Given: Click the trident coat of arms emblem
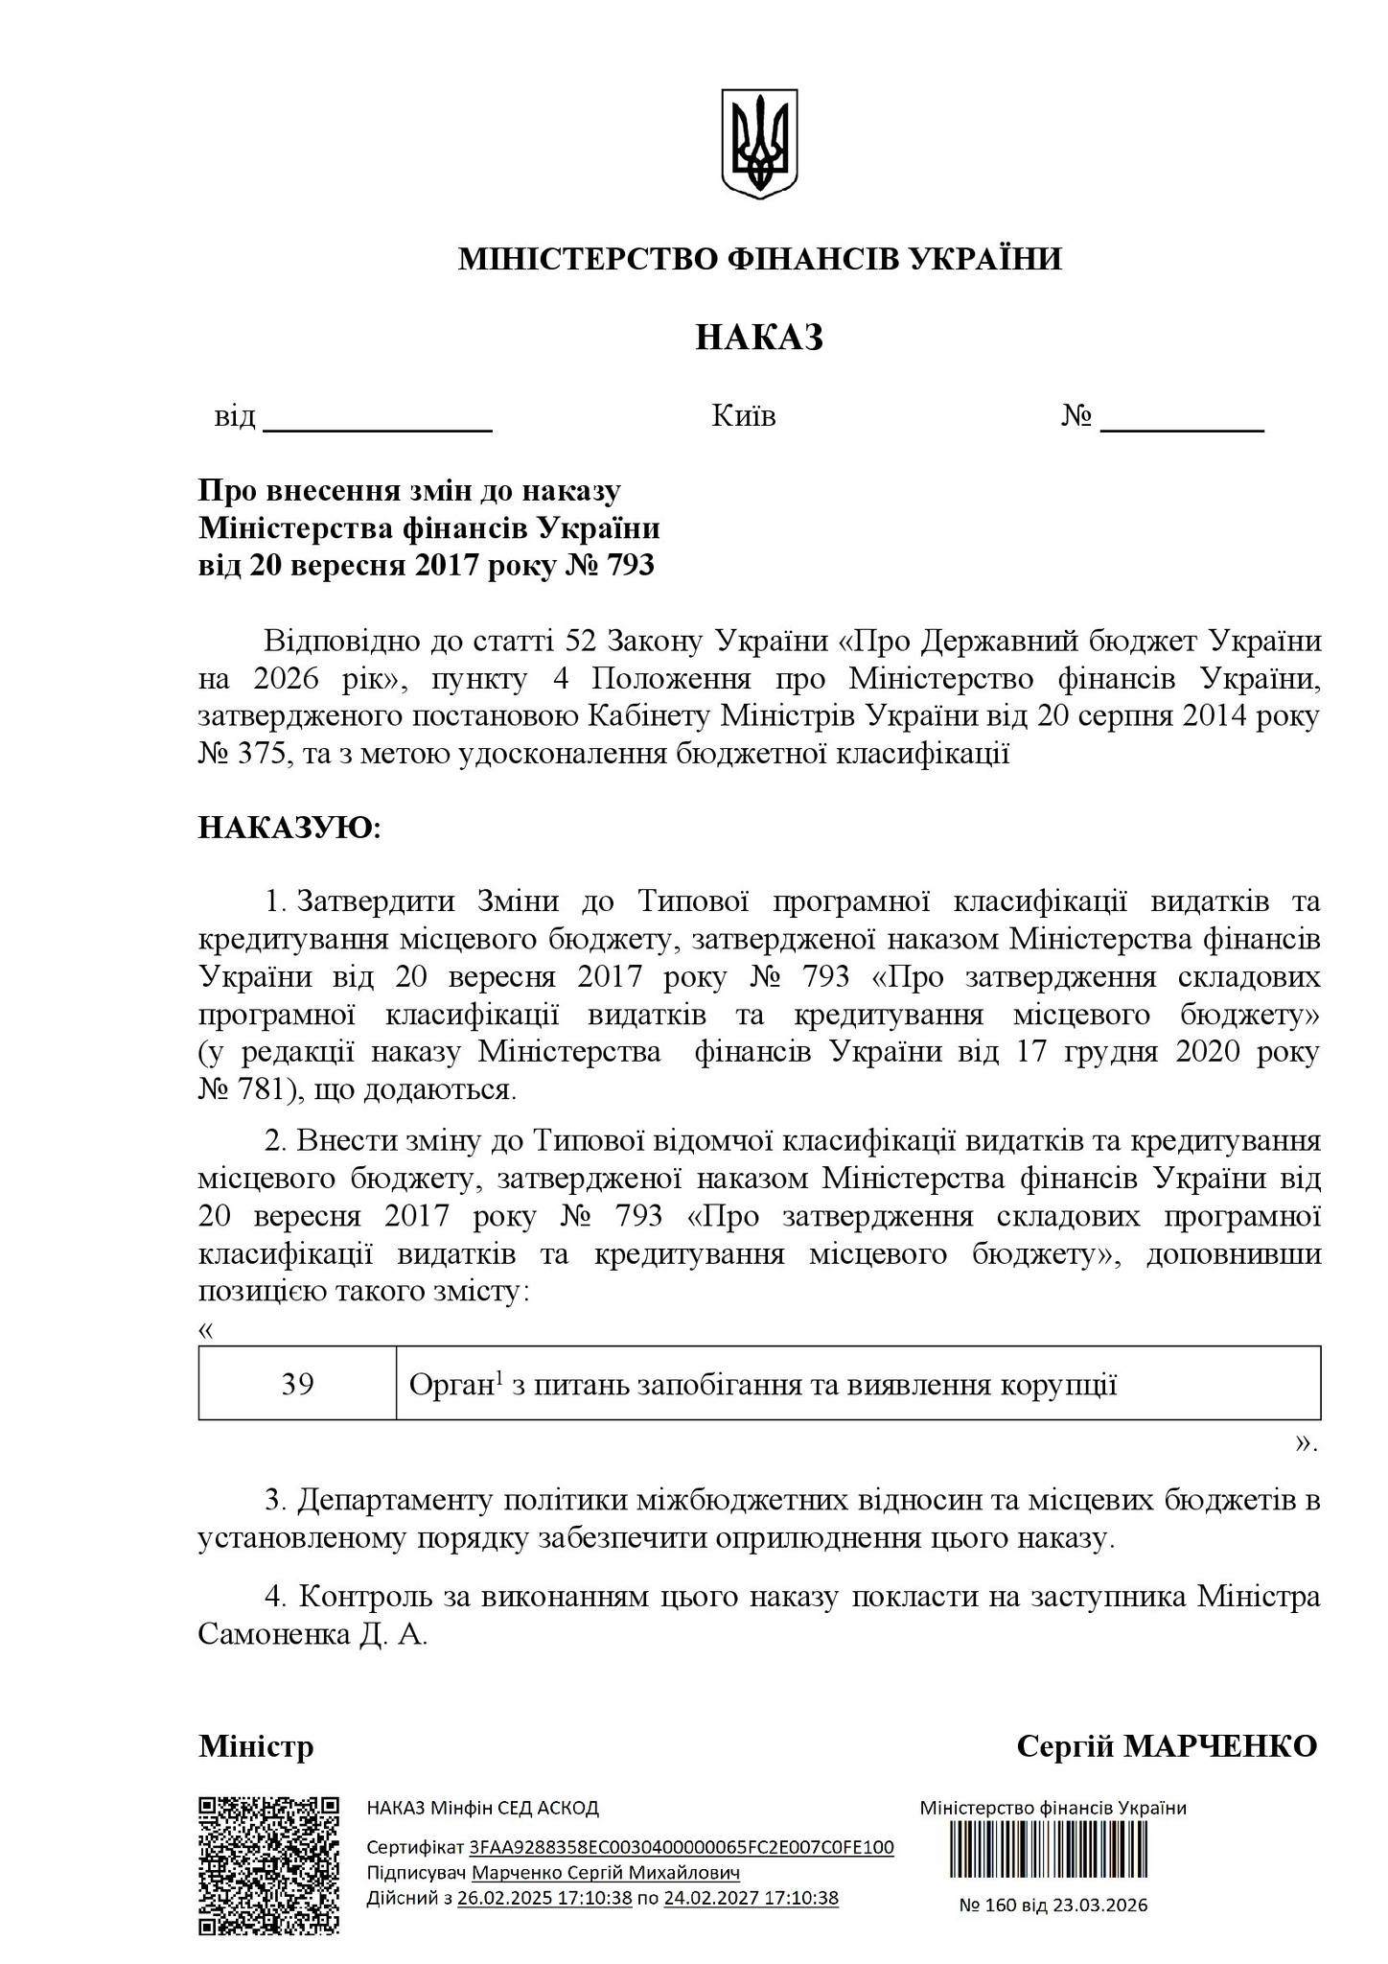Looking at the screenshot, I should [x=759, y=144].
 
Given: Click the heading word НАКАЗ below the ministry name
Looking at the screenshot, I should [x=759, y=338].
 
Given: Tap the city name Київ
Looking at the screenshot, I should [x=744, y=416].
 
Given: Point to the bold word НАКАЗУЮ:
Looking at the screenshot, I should [x=289, y=828].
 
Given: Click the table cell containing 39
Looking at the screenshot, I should [x=297, y=1385].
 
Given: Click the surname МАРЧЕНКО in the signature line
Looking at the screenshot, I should [x=1220, y=1747].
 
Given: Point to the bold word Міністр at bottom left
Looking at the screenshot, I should [x=256, y=1747].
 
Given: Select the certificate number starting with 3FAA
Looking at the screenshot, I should [x=682, y=1848].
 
